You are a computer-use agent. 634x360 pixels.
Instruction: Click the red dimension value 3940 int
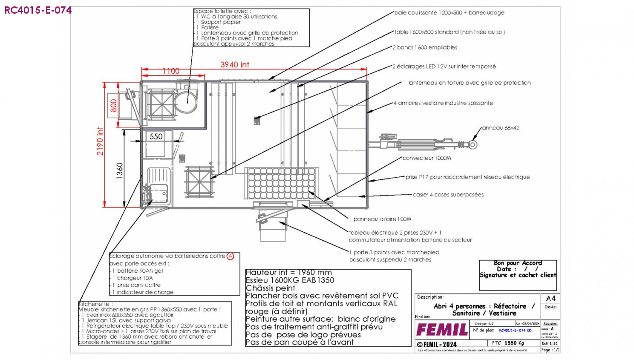(234, 65)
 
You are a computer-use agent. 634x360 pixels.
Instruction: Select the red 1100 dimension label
(171, 71)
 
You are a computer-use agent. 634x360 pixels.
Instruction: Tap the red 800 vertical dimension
(113, 105)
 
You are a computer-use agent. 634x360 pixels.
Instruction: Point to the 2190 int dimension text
(100, 141)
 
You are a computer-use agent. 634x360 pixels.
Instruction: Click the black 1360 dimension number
(120, 171)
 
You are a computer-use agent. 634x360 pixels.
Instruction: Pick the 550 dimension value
(156, 136)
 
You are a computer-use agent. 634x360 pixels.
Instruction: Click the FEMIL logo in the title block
(442, 330)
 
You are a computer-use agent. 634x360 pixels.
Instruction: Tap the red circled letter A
(230, 256)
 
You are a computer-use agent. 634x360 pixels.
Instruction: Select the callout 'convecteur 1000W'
(427, 158)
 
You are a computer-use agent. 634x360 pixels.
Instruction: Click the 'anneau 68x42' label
(501, 128)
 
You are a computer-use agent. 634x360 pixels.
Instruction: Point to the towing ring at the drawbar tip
(473, 145)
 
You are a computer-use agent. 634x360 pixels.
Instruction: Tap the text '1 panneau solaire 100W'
(380, 219)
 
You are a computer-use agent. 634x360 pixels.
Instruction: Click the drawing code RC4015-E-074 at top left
(38, 10)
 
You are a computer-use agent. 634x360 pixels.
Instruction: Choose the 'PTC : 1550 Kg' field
(508, 343)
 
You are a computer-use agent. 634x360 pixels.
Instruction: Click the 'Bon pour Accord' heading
(518, 263)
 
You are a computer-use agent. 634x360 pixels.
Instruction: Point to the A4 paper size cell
(550, 298)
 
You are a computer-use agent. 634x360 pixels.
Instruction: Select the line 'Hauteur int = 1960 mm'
(288, 272)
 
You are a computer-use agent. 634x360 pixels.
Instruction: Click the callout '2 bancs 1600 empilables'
(425, 48)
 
